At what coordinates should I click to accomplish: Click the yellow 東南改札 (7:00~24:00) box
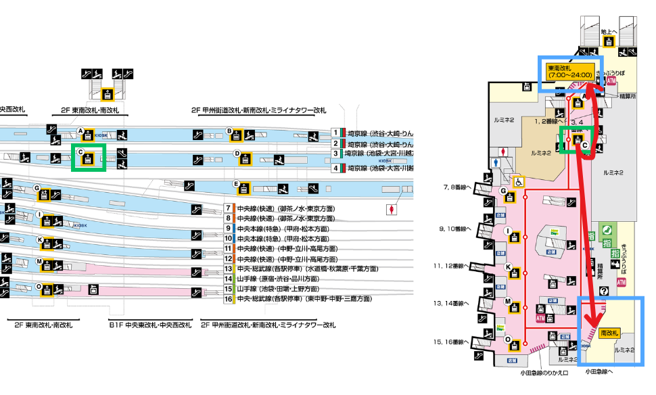point(570,72)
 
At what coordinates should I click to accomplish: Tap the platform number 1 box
point(335,133)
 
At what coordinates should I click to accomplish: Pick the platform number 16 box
point(229,298)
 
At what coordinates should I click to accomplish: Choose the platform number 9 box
point(229,229)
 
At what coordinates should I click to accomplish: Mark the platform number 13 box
point(229,269)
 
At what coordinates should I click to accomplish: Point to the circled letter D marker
point(237,154)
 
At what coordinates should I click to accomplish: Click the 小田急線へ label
point(600,371)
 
